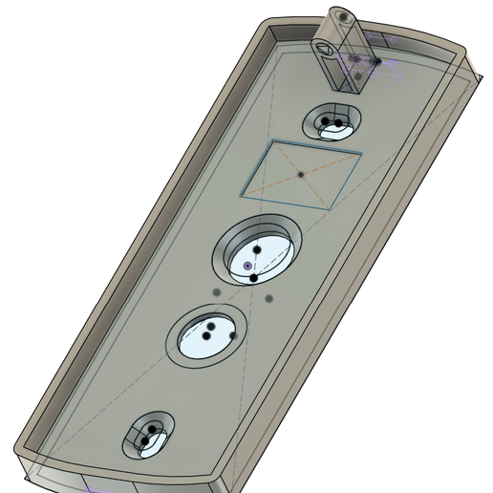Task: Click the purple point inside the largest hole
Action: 247,265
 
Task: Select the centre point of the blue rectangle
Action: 300,175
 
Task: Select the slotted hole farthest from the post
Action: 149,438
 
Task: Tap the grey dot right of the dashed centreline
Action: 269,298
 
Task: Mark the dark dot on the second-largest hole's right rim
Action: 232,335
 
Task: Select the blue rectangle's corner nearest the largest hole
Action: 243,195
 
